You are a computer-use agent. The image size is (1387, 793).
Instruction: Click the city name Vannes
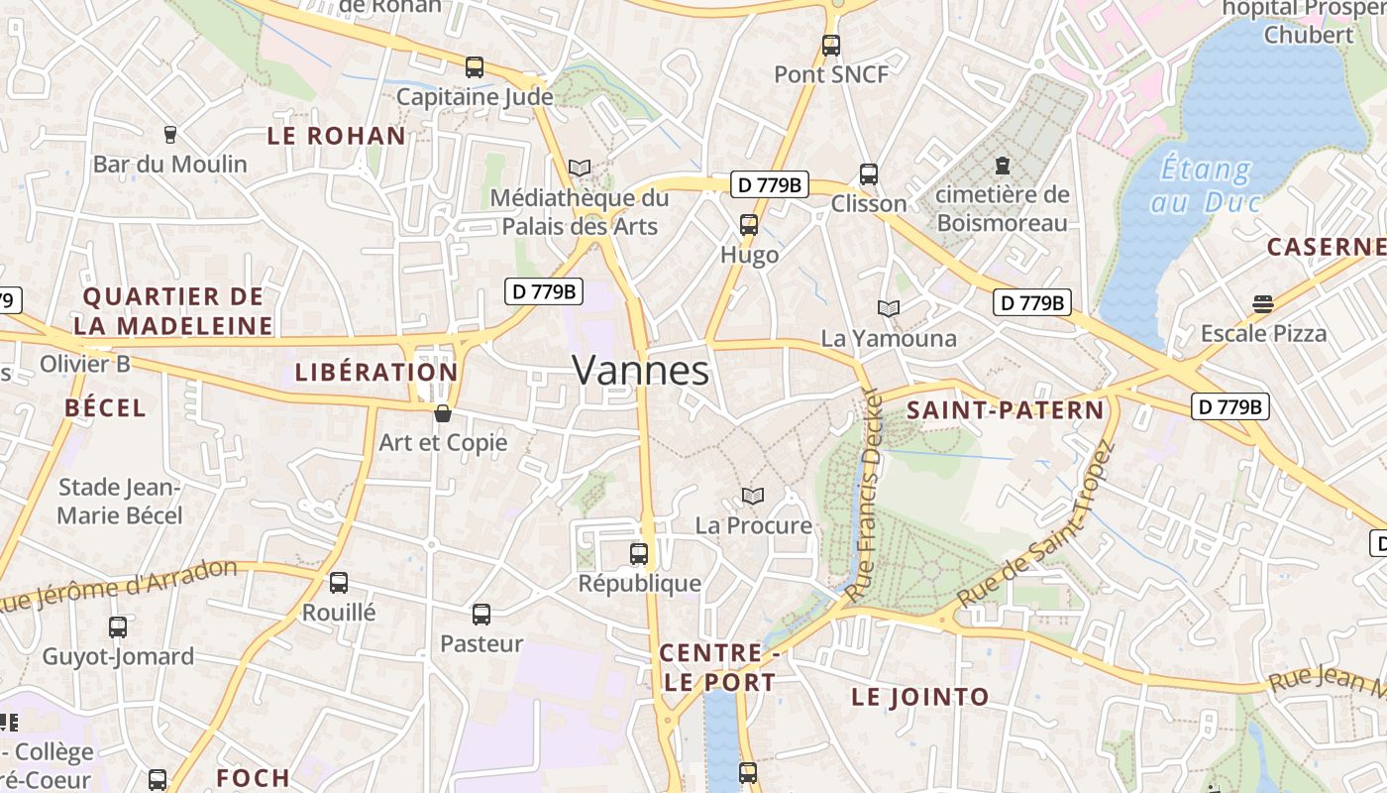tap(641, 371)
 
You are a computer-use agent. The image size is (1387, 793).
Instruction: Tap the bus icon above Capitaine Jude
tap(475, 67)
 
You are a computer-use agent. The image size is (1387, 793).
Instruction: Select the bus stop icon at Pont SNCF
tap(830, 45)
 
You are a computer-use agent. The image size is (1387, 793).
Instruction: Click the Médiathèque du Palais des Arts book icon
tap(580, 169)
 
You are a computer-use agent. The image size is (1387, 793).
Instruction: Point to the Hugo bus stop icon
tap(749, 225)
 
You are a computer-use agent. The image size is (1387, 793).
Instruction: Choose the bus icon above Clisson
tap(869, 174)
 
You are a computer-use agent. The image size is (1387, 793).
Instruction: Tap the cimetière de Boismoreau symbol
tap(1003, 165)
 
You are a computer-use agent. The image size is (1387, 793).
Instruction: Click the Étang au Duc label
tap(1205, 185)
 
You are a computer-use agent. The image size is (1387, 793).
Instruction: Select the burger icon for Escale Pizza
tap(1262, 303)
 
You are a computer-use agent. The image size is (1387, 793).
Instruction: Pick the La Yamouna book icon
tap(889, 309)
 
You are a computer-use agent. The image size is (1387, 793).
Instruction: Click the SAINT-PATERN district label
tap(1005, 410)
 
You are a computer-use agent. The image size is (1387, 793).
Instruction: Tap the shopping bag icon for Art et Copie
tap(443, 413)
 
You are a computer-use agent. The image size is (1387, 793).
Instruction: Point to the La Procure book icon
tap(753, 496)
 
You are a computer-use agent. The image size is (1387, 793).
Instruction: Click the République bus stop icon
tap(639, 554)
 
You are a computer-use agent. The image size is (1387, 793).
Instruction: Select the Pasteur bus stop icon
tap(481, 615)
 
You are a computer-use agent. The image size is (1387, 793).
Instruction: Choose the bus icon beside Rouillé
tap(339, 583)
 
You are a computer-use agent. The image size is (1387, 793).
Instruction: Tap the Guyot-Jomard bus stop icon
tap(118, 627)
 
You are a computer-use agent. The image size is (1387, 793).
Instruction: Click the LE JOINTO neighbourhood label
tap(920, 697)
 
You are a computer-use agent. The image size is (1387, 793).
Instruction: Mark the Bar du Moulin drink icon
tap(169, 134)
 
